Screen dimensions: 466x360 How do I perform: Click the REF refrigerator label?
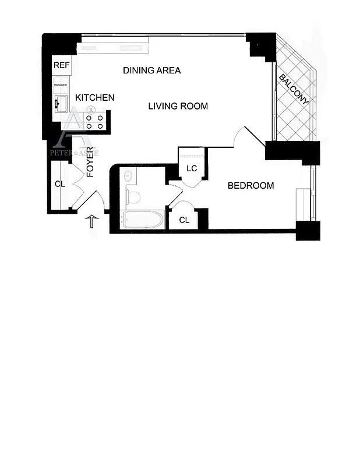coord(61,65)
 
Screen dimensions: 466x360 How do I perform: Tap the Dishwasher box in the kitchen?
coord(61,85)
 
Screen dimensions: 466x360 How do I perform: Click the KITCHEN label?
coord(95,97)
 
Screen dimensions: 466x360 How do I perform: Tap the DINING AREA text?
coord(152,70)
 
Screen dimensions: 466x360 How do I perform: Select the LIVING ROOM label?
coord(178,106)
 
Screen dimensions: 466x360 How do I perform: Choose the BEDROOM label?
coord(250,186)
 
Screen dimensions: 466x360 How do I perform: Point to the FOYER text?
coord(90,162)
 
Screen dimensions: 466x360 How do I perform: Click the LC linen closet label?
coord(191,168)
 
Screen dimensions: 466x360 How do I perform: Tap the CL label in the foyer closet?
coord(59,183)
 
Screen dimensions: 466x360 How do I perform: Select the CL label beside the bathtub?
coord(184,220)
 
